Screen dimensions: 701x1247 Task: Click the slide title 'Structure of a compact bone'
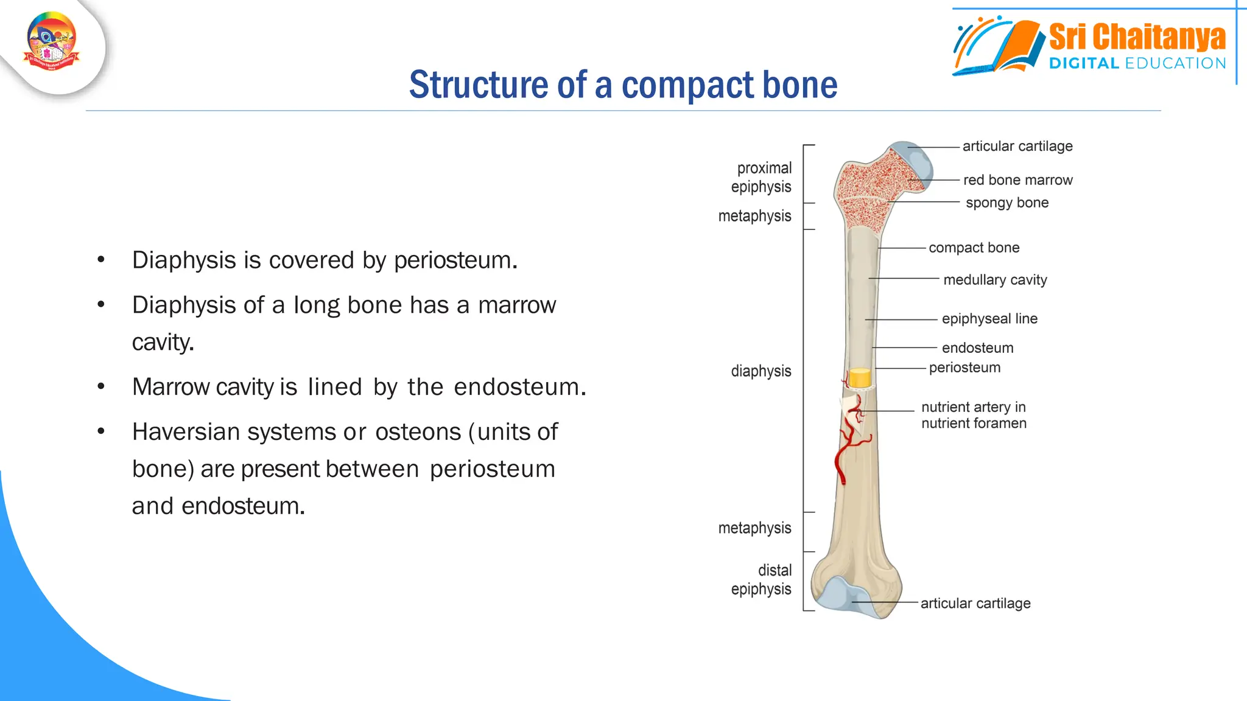tap(623, 85)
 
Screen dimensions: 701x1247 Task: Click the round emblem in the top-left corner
tap(52, 42)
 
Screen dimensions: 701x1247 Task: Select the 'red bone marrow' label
tap(1017, 180)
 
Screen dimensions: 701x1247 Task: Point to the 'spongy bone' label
tap(1007, 203)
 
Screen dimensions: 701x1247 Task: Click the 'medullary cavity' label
tap(995, 280)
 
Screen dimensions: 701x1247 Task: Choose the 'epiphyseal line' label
tap(989, 319)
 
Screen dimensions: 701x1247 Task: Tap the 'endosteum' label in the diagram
tap(977, 348)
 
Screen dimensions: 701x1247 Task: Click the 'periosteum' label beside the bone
tap(964, 368)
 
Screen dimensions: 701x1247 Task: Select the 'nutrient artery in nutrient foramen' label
tap(974, 415)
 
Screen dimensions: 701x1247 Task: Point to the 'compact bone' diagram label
tap(974, 248)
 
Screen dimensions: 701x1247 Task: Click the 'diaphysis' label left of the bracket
tap(760, 371)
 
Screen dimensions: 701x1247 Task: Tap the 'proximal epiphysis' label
tap(762, 177)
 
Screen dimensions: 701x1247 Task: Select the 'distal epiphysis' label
tap(762, 579)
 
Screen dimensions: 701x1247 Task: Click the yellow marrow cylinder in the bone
tap(860, 378)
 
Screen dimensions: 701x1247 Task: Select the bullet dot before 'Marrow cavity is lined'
tap(101, 386)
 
